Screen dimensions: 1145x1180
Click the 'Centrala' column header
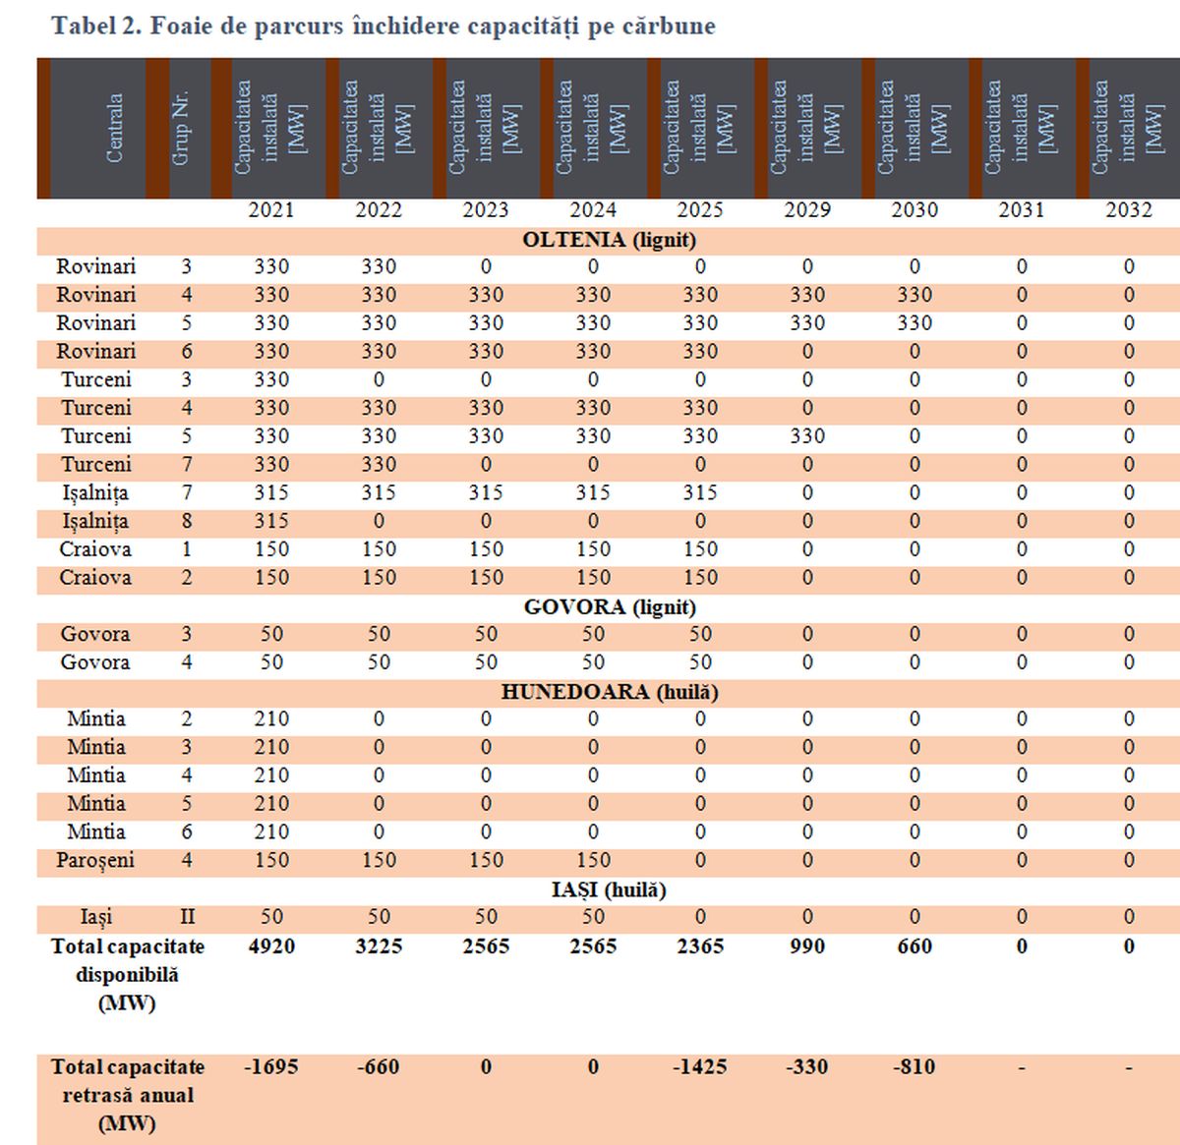[114, 128]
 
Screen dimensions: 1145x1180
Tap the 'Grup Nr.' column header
[181, 129]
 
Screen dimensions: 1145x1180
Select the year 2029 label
[806, 210]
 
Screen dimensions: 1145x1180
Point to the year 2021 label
[270, 210]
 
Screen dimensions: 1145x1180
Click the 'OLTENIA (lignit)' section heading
[609, 240]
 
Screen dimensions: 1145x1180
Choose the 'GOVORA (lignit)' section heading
[609, 607]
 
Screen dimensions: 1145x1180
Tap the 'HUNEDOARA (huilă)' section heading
[609, 692]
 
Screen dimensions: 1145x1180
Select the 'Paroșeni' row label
[95, 861]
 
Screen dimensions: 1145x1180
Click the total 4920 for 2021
[270, 946]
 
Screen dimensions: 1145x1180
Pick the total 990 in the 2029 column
[806, 946]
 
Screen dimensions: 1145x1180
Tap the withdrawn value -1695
[270, 1067]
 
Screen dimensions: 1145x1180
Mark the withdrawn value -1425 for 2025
[699, 1067]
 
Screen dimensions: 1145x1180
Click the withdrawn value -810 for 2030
[914, 1067]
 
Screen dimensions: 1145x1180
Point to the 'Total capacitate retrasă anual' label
[128, 1095]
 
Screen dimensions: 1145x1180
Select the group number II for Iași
[187, 917]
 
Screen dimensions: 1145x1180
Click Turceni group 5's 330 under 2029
[806, 436]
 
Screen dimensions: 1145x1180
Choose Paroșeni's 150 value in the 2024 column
[593, 861]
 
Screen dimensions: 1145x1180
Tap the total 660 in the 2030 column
[914, 946]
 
